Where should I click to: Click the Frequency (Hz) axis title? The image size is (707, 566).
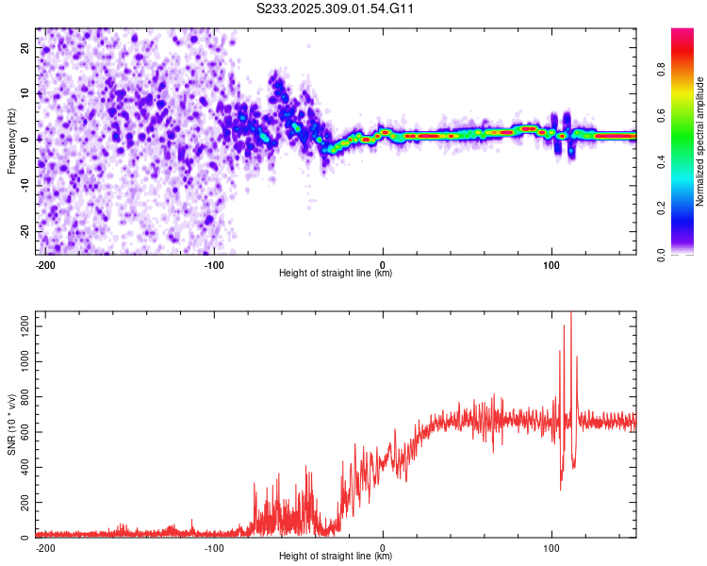click(10, 141)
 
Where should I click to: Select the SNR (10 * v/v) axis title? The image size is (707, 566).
click(10, 424)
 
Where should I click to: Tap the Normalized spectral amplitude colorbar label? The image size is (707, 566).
click(700, 141)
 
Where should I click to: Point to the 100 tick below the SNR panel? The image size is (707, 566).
click(551, 547)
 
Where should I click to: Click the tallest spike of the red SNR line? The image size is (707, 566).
click(570, 314)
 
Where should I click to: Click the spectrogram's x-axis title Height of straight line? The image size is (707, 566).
click(336, 274)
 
